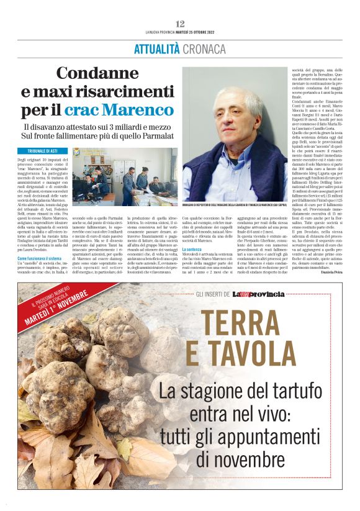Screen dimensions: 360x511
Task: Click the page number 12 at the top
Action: click(180, 24)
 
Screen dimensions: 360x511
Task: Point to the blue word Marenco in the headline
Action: click(137, 110)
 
